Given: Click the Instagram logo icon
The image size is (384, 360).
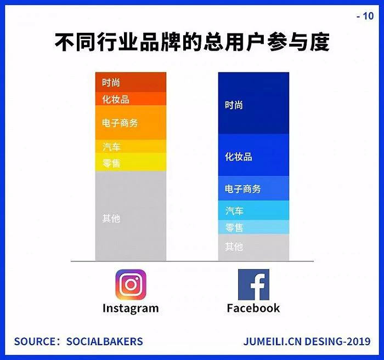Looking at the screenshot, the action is coord(131,285).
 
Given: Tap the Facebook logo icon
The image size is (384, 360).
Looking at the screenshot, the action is coord(253,285).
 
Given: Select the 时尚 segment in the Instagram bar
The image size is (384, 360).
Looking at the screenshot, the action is coord(131,82).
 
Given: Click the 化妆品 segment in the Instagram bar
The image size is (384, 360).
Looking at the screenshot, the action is coord(131,99).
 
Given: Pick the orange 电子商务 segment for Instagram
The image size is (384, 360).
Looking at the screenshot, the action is coord(131,123).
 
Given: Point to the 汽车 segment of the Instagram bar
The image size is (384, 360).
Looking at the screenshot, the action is coord(131,146).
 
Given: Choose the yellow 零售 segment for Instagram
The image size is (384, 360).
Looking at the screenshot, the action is coord(131,162).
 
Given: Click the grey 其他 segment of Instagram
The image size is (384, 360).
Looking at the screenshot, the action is coord(131,216).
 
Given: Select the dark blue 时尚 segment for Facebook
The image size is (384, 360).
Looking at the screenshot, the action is coord(253,103).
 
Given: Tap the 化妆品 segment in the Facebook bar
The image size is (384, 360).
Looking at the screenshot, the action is coord(253,155).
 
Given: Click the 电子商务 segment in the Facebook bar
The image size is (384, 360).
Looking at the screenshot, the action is coord(253,188).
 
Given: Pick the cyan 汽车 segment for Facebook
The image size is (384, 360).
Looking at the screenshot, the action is coord(253,210).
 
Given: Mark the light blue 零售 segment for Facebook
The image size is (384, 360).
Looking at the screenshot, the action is coord(253,227).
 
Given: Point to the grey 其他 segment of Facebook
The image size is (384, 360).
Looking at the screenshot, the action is coord(253,247).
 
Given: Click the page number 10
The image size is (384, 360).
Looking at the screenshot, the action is coord(368,16).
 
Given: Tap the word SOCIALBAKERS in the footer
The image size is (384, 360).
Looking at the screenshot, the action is coord(105,341).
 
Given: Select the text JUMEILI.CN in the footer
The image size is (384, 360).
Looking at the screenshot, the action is coord(272,341).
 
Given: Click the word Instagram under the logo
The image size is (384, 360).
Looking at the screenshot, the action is coord(131,308).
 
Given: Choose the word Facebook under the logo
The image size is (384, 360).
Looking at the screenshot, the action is coord(253,308).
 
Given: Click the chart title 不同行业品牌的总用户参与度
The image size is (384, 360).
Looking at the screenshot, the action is coord(192,42).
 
